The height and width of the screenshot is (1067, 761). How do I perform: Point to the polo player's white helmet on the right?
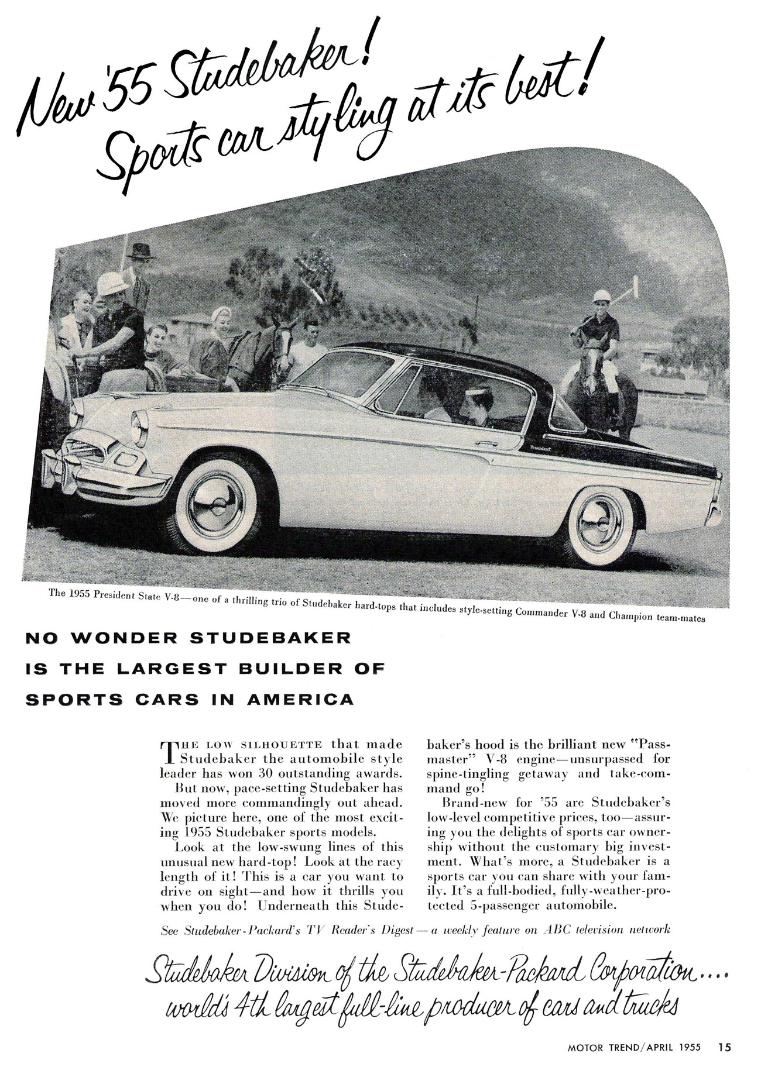click(x=601, y=296)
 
